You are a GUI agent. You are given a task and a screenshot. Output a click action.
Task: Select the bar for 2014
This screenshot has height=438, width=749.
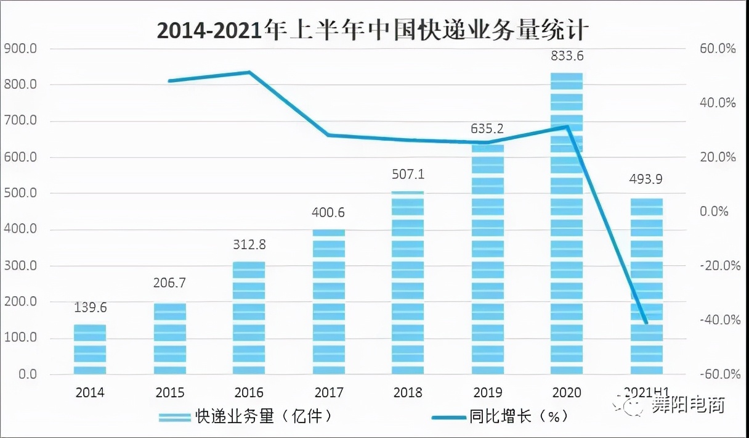click(90, 349)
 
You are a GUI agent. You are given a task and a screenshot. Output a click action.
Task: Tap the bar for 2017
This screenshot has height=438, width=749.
click(329, 302)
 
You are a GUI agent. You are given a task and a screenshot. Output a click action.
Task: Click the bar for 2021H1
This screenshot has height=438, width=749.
click(646, 287)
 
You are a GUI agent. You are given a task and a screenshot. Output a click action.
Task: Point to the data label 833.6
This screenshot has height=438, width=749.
click(566, 56)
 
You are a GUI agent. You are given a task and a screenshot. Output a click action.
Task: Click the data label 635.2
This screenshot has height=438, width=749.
click(487, 129)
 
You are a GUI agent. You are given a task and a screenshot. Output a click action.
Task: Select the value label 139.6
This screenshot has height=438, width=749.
click(90, 307)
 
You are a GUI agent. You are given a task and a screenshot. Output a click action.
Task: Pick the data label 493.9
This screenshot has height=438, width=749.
click(646, 180)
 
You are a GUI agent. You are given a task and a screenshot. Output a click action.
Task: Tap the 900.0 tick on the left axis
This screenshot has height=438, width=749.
click(21, 48)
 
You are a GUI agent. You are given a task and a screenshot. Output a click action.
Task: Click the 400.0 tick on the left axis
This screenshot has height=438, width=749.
click(21, 229)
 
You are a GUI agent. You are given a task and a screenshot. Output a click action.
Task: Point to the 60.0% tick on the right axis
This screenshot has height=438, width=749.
click(717, 48)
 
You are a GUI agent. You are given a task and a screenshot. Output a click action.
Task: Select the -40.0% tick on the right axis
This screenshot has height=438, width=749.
click(717, 320)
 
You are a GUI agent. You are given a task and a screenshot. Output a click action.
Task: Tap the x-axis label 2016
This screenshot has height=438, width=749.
click(249, 393)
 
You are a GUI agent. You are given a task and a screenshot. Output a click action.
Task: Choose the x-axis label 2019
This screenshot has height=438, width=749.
click(487, 393)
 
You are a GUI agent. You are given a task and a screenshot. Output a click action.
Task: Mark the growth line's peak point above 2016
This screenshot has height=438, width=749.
click(249, 72)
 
